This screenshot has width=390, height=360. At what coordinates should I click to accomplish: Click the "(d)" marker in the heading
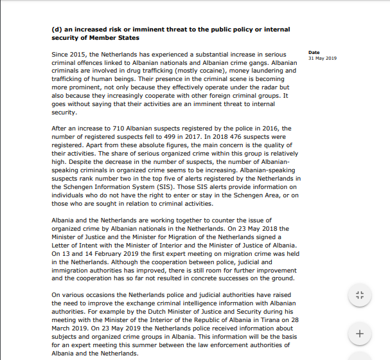coord(57,30)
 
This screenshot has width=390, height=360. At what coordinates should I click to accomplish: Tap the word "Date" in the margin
coord(314,53)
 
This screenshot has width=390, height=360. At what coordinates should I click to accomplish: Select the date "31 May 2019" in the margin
coord(323,59)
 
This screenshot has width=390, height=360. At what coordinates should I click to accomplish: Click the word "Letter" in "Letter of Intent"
coord(61,245)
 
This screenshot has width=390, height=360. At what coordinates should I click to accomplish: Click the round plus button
coord(359,334)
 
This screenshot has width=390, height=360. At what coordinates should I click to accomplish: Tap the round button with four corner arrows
coord(359,296)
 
